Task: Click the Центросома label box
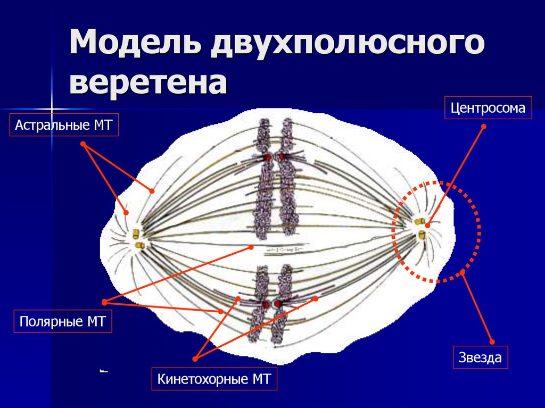[488, 108]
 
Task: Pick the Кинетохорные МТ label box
[214, 379]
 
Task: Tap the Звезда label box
[480, 357]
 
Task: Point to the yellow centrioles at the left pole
[138, 239]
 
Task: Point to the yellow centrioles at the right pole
[420, 229]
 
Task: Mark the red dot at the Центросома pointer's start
[484, 127]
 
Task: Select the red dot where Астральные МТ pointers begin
[83, 144]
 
